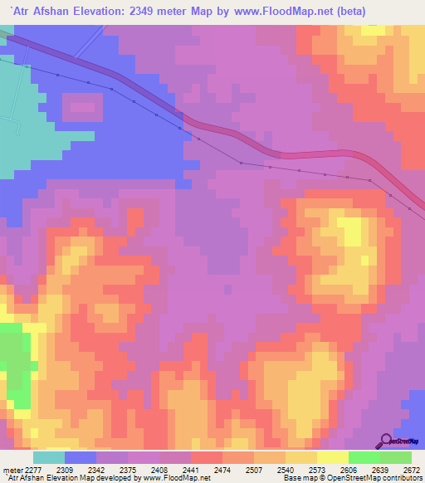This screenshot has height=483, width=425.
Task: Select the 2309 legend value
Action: point(66,470)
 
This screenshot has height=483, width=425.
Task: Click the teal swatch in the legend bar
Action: point(49,457)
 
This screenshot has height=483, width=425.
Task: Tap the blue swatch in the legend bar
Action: point(81,457)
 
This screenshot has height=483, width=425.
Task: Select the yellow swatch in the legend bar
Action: point(332,457)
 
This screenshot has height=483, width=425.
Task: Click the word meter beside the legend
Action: point(12,470)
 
